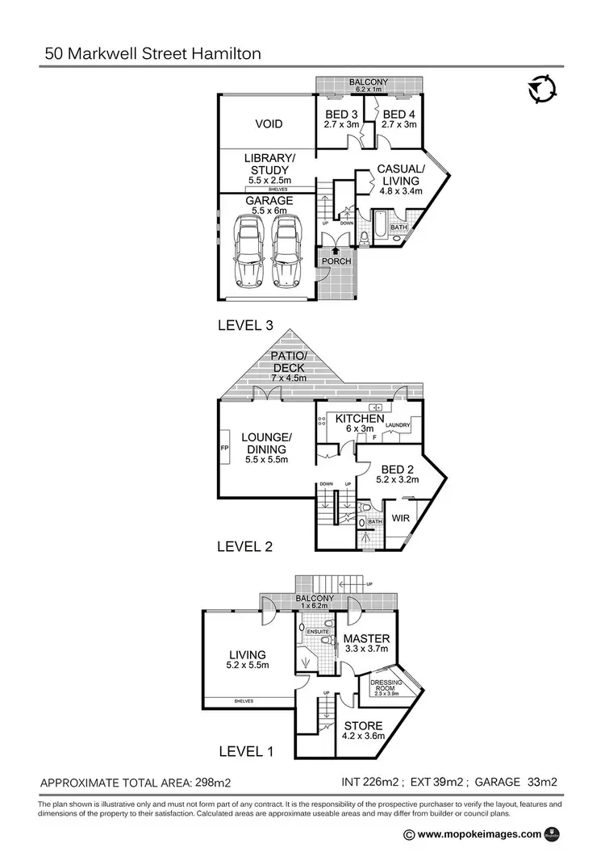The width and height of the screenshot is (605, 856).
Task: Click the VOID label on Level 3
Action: [269, 124]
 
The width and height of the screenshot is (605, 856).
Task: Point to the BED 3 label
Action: [340, 114]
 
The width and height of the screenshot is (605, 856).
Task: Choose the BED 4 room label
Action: [398, 114]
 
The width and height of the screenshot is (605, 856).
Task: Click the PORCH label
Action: [334, 261]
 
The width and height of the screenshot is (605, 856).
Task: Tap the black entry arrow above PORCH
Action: [334, 251]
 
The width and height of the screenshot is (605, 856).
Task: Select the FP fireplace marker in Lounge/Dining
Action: [224, 446]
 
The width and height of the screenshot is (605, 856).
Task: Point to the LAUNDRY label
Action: [398, 425]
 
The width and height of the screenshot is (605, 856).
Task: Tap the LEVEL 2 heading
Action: [246, 546]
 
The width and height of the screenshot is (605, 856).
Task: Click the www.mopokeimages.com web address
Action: [480, 835]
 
